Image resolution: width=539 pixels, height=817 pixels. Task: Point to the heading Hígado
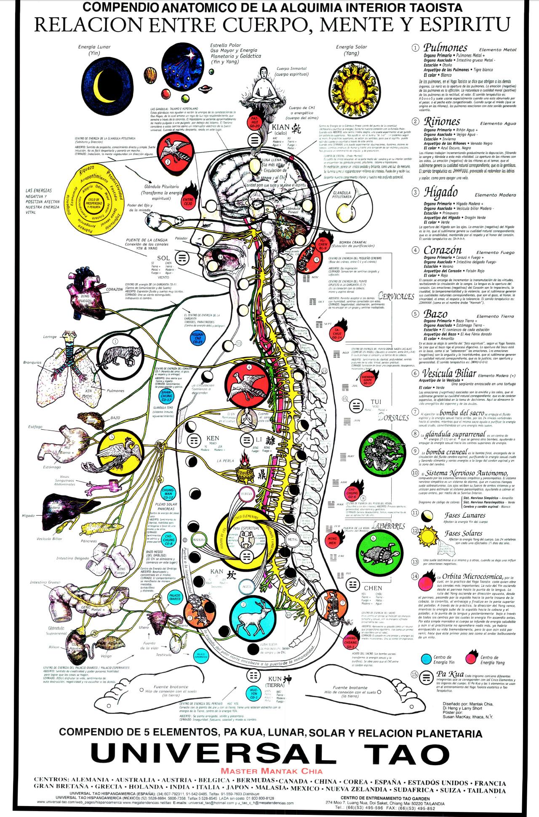(x=440, y=193)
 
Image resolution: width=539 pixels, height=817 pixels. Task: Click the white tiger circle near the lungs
(x=115, y=352)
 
